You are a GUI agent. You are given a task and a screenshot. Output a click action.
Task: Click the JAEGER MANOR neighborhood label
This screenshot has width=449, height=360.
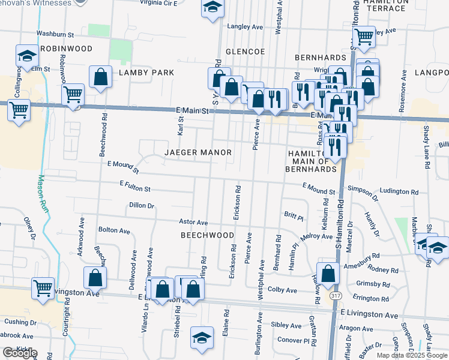(x=198, y=153)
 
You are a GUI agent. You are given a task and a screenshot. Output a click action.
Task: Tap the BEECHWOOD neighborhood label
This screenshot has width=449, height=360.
(x=207, y=236)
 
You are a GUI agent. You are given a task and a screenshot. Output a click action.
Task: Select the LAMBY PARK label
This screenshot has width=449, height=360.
(x=146, y=73)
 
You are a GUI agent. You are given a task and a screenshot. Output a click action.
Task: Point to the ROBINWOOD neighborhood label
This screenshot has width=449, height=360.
(x=67, y=49)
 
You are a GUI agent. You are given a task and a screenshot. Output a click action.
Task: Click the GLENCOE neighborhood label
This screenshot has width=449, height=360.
(x=245, y=52)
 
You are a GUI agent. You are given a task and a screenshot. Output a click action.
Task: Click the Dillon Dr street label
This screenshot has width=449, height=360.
(x=142, y=205)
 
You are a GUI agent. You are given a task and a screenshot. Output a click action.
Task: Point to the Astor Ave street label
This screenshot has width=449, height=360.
(x=193, y=223)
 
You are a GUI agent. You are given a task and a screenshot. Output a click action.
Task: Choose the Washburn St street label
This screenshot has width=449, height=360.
(x=55, y=34)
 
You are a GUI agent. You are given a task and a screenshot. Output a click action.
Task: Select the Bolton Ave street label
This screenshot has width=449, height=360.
(x=114, y=230)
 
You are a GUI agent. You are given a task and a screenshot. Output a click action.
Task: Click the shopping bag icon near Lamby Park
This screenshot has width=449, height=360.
(x=101, y=77)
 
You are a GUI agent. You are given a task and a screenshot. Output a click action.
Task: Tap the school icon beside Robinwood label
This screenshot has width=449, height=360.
(x=26, y=57)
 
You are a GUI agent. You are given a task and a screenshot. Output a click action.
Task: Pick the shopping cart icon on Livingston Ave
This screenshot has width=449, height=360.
(x=43, y=288)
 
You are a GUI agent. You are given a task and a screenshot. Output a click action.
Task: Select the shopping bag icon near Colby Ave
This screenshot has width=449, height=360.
(x=328, y=273)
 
